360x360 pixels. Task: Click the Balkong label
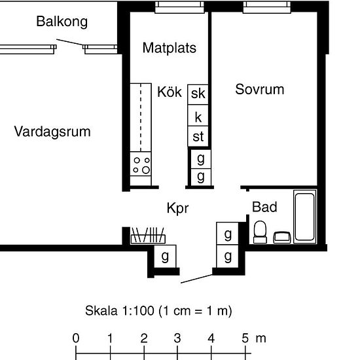tap(62, 22)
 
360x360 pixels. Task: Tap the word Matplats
tap(170, 48)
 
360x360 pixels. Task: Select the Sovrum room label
tap(260, 89)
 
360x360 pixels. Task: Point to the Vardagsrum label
tap(52, 132)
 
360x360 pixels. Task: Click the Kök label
tap(170, 92)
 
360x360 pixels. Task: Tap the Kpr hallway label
tap(177, 208)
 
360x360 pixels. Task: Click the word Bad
tap(264, 207)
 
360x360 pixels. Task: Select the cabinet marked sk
tap(198, 95)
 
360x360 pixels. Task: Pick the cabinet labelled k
tap(198, 115)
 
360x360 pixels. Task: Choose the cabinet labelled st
tap(198, 136)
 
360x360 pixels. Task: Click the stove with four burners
tap(141, 164)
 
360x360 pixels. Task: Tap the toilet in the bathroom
tap(260, 232)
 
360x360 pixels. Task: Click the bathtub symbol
tap(304, 217)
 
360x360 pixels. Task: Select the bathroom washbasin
tap(282, 238)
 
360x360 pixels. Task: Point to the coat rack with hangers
tap(148, 236)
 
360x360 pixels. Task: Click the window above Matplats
tap(179, 7)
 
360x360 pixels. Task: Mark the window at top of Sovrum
tap(267, 7)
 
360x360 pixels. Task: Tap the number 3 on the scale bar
tap(177, 338)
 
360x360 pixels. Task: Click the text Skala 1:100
tap(120, 311)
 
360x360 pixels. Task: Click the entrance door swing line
tap(196, 279)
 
